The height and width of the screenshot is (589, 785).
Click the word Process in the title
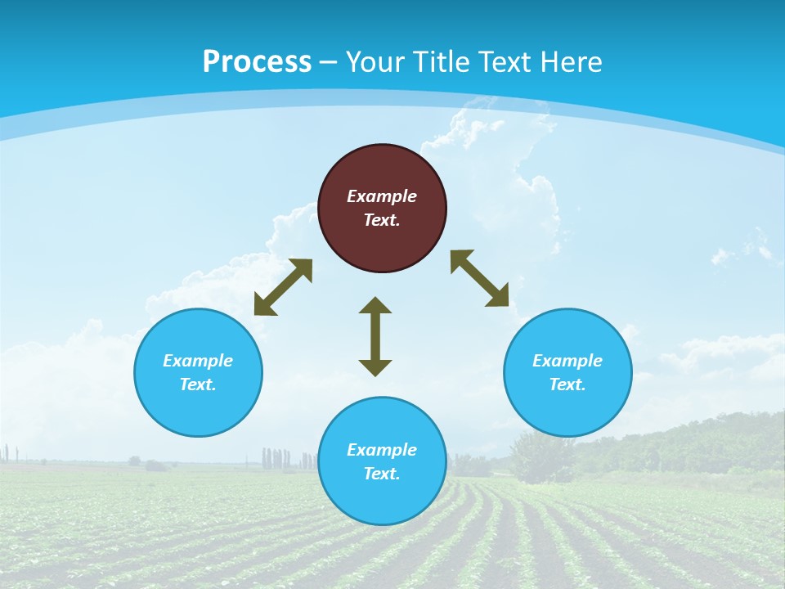pos(257,61)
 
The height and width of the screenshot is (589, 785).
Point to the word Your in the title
pos(375,61)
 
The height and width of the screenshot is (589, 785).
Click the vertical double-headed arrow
pos(375,337)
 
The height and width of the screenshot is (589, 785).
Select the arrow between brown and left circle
pos(283,287)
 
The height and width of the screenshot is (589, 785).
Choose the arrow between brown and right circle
pos(480,278)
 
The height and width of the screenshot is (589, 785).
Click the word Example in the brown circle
pos(382,196)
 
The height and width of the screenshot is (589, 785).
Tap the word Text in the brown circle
pos(382,220)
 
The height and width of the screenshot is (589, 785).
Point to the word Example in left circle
pos(198,361)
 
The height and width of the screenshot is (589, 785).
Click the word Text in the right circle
pos(567,384)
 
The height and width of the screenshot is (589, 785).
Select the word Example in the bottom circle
pos(382,450)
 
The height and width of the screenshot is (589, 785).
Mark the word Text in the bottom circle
pos(382,474)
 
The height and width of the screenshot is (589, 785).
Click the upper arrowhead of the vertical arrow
pos(375,306)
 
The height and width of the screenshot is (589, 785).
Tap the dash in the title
pos(328,62)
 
